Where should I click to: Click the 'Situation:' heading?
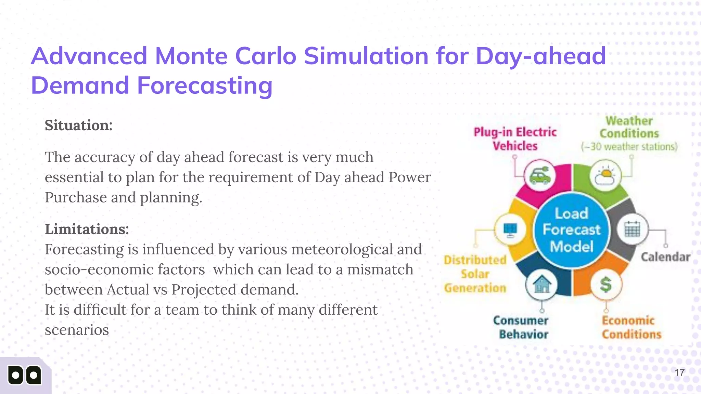click(x=78, y=125)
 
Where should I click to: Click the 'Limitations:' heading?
click(x=87, y=229)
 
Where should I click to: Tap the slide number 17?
click(x=679, y=372)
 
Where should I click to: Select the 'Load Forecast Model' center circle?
click(x=571, y=230)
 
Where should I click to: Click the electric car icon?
click(x=540, y=176)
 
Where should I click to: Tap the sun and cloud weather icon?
click(x=605, y=176)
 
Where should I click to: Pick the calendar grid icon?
click(x=632, y=229)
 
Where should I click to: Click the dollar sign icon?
click(x=606, y=284)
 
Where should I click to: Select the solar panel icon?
click(x=510, y=229)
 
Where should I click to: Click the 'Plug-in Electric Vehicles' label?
click(x=515, y=139)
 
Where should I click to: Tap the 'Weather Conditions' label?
click(x=629, y=127)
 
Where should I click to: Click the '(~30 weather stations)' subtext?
click(x=629, y=147)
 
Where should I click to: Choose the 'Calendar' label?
click(x=665, y=257)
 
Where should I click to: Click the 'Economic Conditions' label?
click(x=631, y=327)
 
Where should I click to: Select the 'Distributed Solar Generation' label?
click(x=475, y=274)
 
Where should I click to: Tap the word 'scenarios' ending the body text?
click(x=77, y=330)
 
